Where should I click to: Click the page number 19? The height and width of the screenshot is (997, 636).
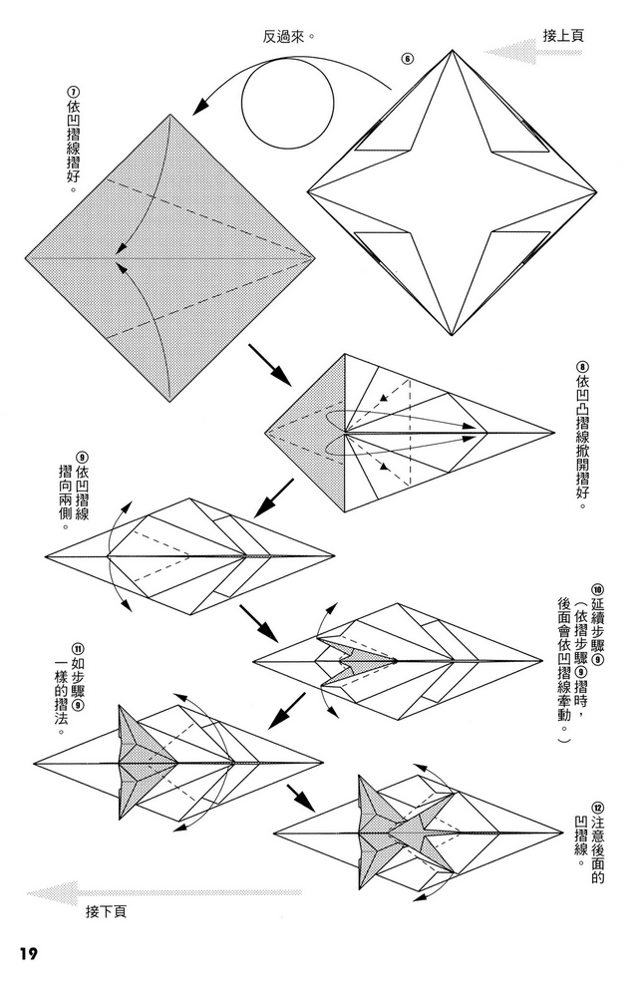[25, 954]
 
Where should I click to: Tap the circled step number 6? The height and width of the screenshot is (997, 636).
[406, 58]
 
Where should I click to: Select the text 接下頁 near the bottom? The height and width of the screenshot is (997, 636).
[106, 910]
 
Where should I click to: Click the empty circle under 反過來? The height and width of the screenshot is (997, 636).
[288, 98]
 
